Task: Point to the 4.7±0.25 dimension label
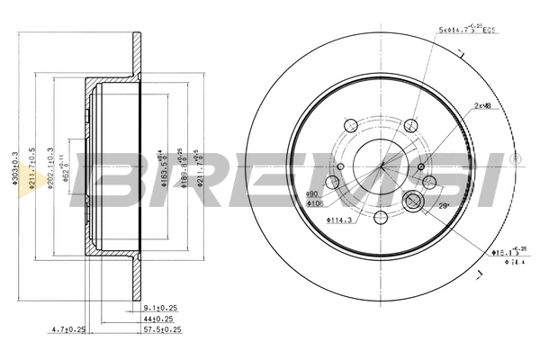pyautogui.click(x=67, y=329)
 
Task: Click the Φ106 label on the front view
pyautogui.click(x=315, y=205)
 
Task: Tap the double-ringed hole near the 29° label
pyautogui.click(x=415, y=202)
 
